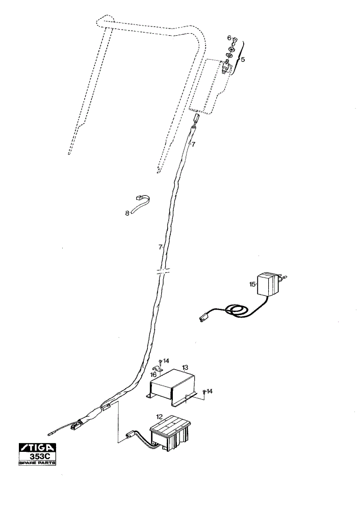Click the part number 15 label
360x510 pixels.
(252, 284)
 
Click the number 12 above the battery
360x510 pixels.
(159, 416)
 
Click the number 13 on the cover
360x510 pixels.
(185, 368)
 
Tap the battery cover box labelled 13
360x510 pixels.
(173, 387)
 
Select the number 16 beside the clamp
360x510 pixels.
(153, 375)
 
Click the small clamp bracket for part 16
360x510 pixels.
(158, 369)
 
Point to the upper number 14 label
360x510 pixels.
(166, 361)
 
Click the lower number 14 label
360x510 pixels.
(209, 391)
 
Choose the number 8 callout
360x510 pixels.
(127, 213)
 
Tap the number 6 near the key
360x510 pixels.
(229, 38)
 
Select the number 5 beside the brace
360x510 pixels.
(243, 60)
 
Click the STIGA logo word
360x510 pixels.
(38, 448)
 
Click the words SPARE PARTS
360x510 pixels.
(37, 463)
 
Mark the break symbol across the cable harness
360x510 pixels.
(162, 271)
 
